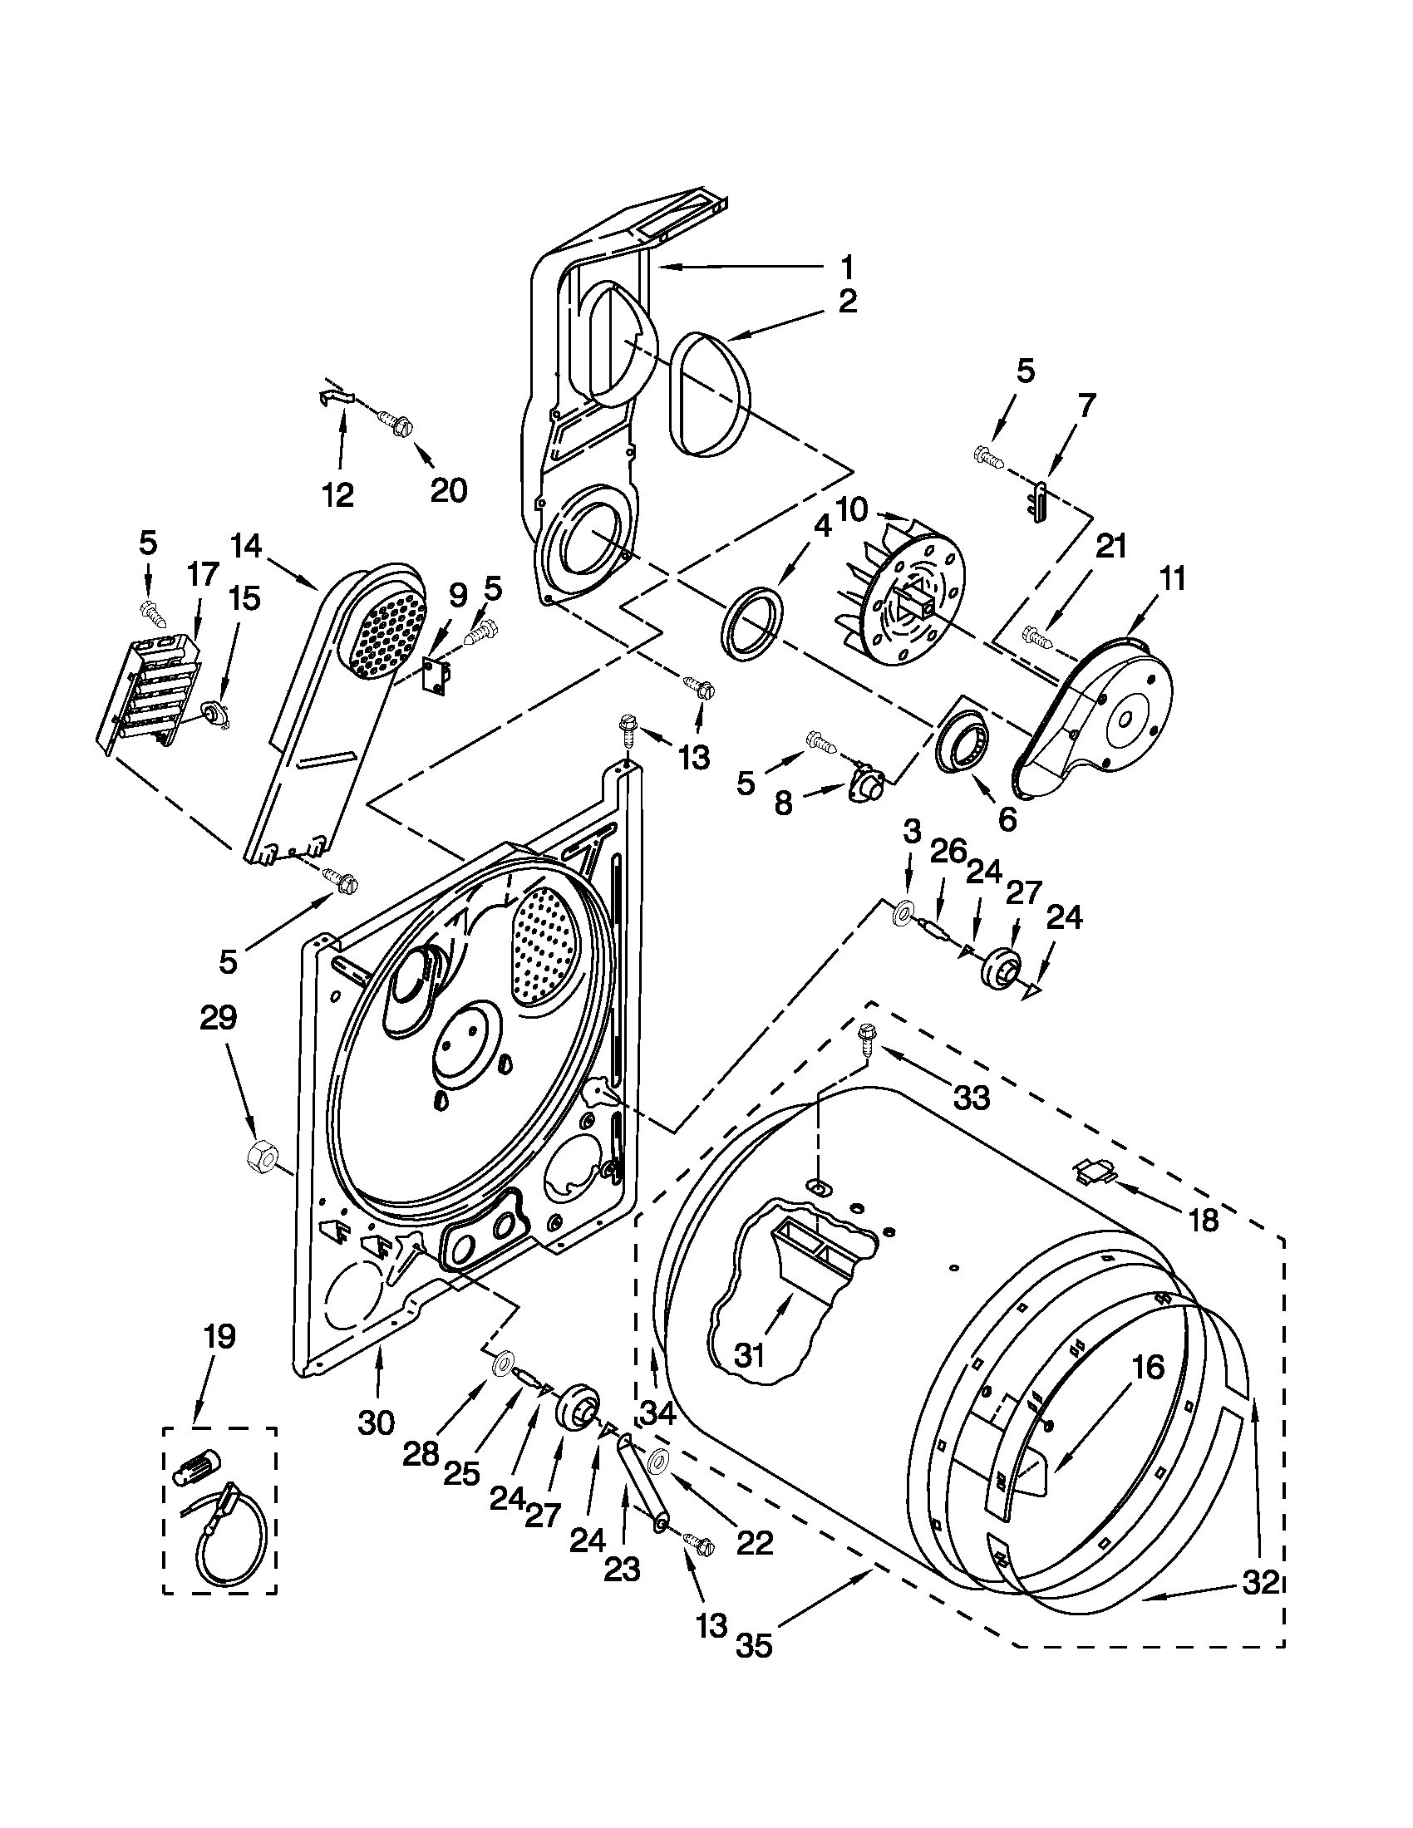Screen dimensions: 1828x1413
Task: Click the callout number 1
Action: pos(847,268)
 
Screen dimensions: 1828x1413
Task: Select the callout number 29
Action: pos(218,1018)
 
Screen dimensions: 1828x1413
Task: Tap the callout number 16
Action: pos(1148,1368)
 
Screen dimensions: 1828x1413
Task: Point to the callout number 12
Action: pos(338,494)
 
